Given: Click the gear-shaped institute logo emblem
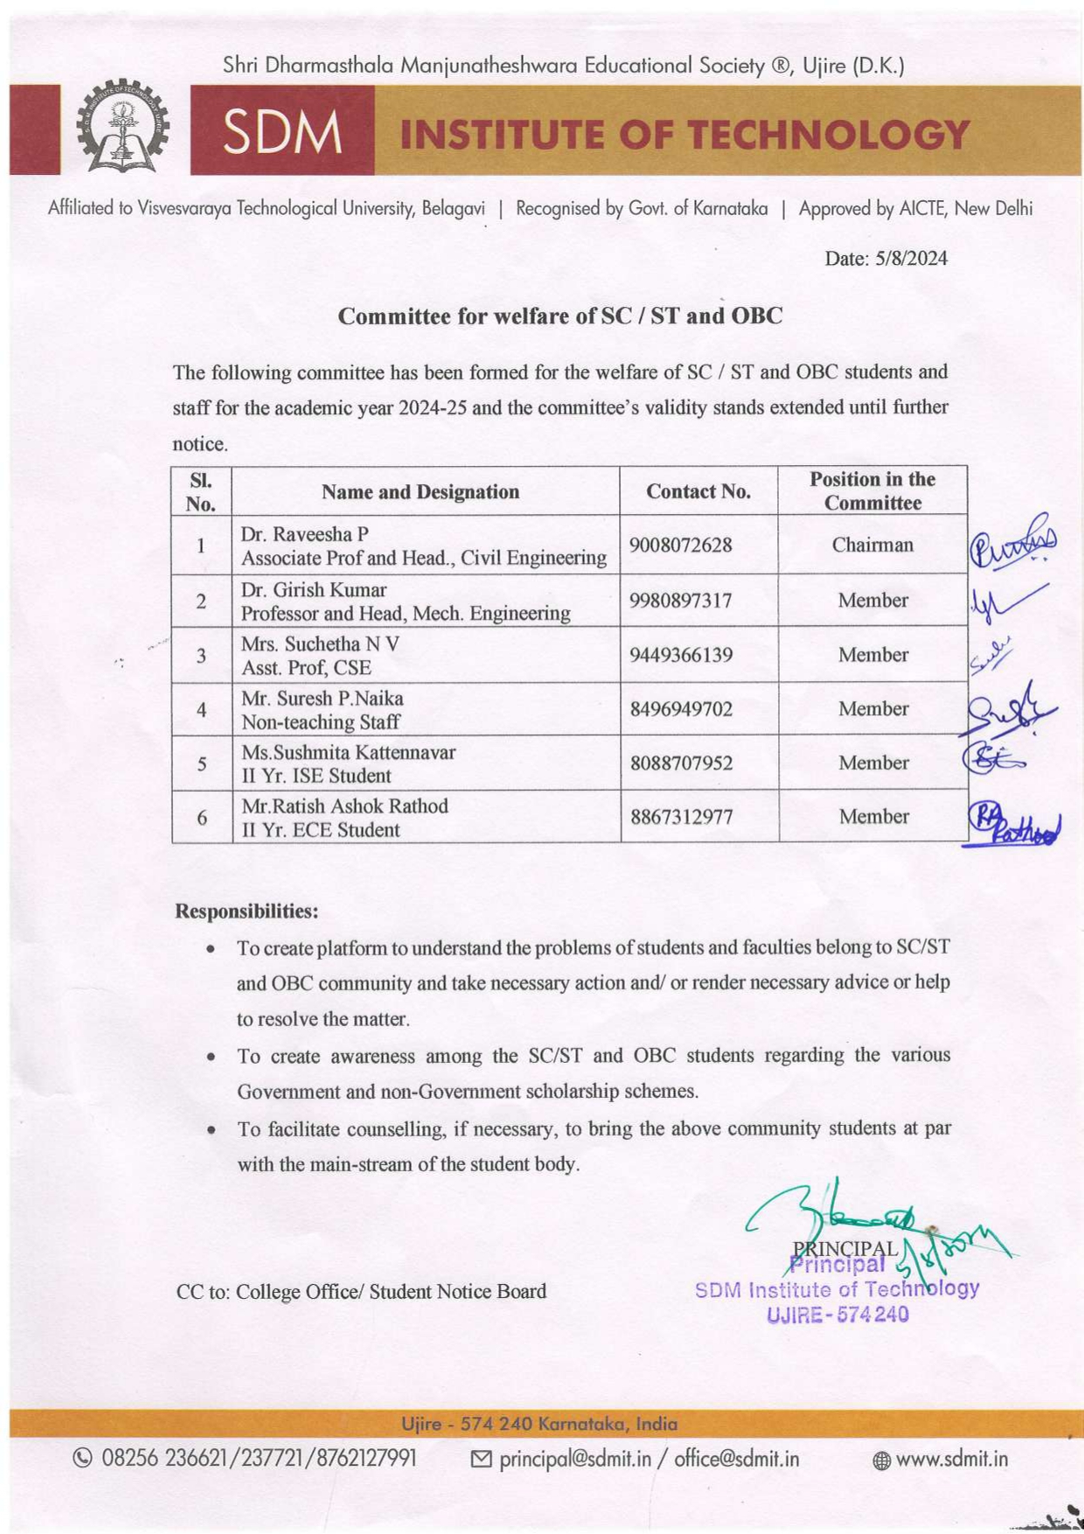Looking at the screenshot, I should [x=123, y=129].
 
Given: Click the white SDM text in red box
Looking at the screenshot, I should [x=281, y=134].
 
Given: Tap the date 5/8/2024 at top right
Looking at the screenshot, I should [x=886, y=258].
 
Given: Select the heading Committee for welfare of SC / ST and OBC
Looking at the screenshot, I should [x=559, y=316].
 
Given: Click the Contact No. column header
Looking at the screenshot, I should [x=698, y=491].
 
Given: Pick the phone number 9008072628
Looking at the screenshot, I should [x=680, y=545].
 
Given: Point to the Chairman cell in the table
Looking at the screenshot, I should [x=872, y=545].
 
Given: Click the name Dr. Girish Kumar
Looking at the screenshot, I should [x=313, y=589].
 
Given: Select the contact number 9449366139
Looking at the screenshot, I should [x=680, y=655].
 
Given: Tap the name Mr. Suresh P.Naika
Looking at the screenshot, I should [x=322, y=698].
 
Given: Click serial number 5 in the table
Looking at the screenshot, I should [x=202, y=764].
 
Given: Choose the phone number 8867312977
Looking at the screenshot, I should [x=680, y=817].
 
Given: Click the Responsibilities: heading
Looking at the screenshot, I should [x=247, y=911].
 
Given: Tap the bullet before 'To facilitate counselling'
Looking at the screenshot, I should [x=211, y=1129].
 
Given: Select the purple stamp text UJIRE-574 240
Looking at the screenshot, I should [x=837, y=1314].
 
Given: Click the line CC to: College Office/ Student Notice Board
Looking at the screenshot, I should [x=361, y=1292].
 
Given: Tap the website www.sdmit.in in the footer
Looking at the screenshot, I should [x=951, y=1459].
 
